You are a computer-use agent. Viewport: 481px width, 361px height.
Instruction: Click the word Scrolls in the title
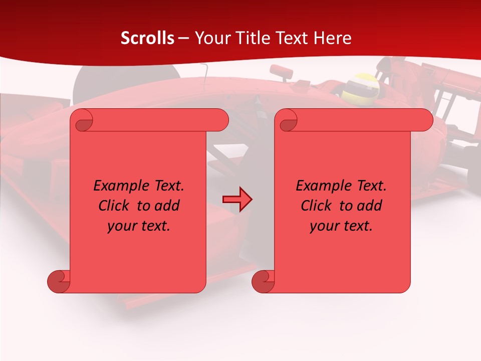pos(147,38)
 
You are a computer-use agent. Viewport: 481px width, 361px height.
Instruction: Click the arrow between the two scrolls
pos(237,199)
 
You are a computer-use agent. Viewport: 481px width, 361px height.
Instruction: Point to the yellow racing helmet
pos(362,87)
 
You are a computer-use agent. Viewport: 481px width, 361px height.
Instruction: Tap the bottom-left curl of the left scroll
pos(59,281)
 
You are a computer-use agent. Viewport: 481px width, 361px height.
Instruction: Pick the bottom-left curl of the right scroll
pos(264,281)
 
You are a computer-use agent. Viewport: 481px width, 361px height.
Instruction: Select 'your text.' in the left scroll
pos(139,226)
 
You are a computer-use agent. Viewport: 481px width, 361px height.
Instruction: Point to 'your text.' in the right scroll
pos(341,226)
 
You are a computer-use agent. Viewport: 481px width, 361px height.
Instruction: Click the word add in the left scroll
pos(167,206)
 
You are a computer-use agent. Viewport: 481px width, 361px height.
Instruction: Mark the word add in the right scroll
pos(369,206)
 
